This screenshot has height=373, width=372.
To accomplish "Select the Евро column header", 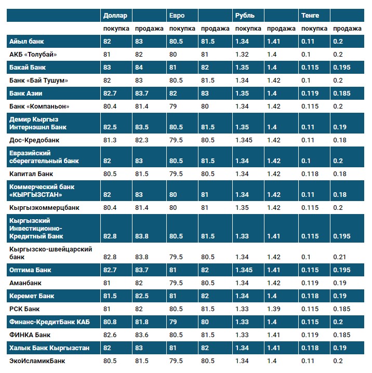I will coord(177,16).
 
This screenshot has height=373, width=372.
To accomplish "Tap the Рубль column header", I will coord(245,16).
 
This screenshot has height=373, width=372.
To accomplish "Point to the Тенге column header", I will coord(310,16).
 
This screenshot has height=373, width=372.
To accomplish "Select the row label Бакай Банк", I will coord(29,68).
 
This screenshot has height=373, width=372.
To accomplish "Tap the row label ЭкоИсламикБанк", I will coord(37,361).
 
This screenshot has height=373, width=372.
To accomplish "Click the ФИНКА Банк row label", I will coord(30,335).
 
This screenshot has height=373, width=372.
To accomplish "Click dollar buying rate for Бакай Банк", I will coord(107,68).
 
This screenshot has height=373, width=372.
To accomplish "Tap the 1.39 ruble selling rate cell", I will coord(272,309).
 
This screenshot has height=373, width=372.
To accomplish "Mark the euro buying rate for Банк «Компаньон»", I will coord(174,106).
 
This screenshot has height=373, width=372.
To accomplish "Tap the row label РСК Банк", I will coord(25,309).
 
